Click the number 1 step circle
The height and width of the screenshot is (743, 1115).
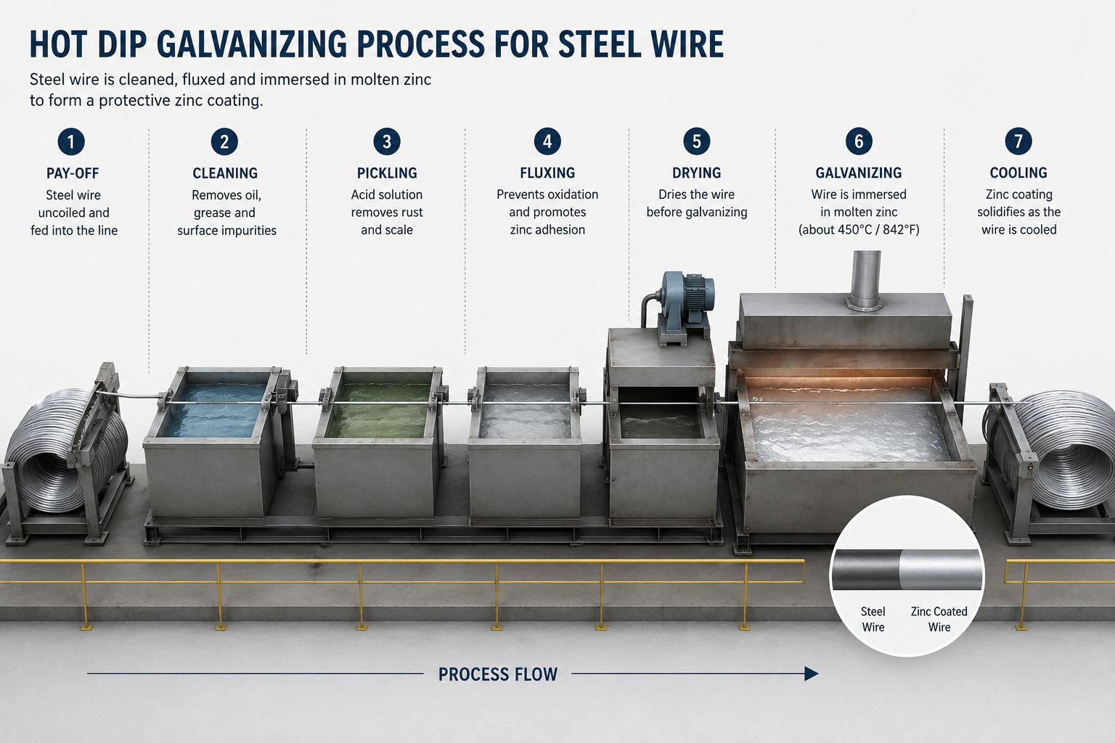pyautogui.click(x=71, y=141)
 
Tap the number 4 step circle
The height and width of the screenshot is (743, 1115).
pyautogui.click(x=547, y=141)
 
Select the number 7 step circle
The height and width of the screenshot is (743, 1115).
pyautogui.click(x=1018, y=141)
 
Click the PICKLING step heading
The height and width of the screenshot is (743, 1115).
pyautogui.click(x=387, y=173)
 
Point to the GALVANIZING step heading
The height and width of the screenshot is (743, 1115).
pyautogui.click(x=858, y=173)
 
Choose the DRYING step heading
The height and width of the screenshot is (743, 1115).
pyautogui.click(x=696, y=173)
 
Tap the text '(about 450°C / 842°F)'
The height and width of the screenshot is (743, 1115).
pyautogui.click(x=859, y=230)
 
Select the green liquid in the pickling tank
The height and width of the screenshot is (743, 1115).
pyautogui.click(x=381, y=411)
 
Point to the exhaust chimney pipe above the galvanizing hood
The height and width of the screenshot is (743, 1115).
pyautogui.click(x=866, y=279)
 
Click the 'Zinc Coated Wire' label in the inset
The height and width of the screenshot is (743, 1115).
pyautogui.click(x=939, y=619)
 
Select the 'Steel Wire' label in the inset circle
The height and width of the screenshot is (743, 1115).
pyautogui.click(x=873, y=619)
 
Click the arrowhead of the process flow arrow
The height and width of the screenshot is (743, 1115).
pyautogui.click(x=812, y=674)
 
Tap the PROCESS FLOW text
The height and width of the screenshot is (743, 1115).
pyautogui.click(x=498, y=674)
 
